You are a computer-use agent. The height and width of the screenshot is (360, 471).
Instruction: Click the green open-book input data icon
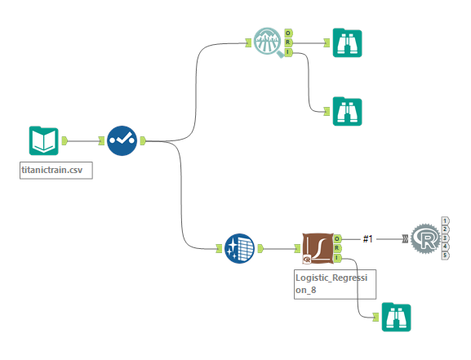click(x=43, y=140)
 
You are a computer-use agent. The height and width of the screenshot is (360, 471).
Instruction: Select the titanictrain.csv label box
click(x=56, y=171)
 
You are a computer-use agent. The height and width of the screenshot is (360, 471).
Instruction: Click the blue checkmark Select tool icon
click(x=122, y=140)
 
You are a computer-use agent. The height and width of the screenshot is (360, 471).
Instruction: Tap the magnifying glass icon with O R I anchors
click(x=269, y=42)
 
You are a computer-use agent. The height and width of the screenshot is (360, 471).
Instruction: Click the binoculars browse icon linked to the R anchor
click(x=347, y=43)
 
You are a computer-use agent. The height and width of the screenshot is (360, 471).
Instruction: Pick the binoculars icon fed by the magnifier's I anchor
click(x=347, y=112)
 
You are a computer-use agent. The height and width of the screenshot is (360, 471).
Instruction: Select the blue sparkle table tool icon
click(x=239, y=248)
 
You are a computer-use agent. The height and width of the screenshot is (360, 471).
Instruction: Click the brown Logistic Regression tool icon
click(x=318, y=248)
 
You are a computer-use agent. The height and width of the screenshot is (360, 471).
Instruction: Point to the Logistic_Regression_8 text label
click(x=331, y=283)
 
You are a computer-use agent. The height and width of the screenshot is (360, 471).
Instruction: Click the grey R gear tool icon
click(x=425, y=239)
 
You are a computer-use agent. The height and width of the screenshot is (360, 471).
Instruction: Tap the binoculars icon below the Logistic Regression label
click(x=396, y=318)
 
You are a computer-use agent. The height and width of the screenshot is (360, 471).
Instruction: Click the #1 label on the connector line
click(x=368, y=239)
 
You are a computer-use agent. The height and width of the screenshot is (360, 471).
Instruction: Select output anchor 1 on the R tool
click(x=445, y=221)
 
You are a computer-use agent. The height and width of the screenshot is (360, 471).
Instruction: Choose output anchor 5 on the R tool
click(x=445, y=256)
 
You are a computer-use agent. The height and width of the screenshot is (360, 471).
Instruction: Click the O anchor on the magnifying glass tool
click(x=288, y=33)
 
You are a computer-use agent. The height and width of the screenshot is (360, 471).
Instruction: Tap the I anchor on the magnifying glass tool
click(x=288, y=52)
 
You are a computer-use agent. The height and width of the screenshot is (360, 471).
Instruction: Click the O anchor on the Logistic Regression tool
click(x=337, y=239)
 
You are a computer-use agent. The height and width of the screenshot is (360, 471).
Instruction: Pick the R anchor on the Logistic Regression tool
click(x=337, y=248)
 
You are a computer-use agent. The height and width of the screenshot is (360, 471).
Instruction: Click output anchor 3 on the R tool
click(x=445, y=238)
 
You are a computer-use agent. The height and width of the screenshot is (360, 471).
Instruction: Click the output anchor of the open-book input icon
click(x=64, y=140)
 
